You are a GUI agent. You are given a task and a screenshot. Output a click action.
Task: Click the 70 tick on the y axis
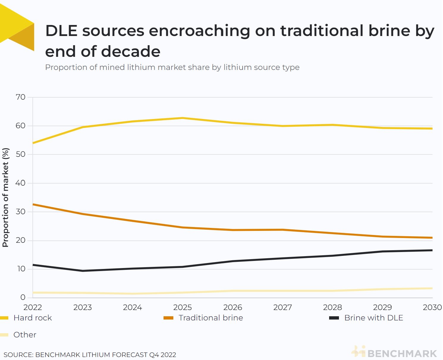[21, 97]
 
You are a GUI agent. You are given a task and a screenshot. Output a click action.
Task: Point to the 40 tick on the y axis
[21, 183]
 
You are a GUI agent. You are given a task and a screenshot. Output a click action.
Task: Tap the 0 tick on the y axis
[23, 297]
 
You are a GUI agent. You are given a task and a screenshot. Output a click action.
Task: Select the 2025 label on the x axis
[183, 307]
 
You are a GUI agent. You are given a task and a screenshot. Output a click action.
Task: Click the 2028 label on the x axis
[332, 307]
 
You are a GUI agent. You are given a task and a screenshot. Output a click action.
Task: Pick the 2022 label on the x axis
[33, 307]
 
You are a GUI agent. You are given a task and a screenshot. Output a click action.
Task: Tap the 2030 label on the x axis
[432, 307]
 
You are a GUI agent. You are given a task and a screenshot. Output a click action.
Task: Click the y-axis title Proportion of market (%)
[5, 198]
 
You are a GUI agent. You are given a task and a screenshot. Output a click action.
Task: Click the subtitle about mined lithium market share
[172, 67]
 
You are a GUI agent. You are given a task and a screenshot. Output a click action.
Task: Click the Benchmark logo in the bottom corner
[394, 353]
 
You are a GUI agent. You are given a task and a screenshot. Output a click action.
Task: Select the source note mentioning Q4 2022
[90, 355]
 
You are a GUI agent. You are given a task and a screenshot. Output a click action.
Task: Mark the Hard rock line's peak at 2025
[183, 118]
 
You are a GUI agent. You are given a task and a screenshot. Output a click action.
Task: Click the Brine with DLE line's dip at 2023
[83, 271]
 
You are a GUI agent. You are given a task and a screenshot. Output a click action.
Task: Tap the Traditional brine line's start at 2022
[33, 204]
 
